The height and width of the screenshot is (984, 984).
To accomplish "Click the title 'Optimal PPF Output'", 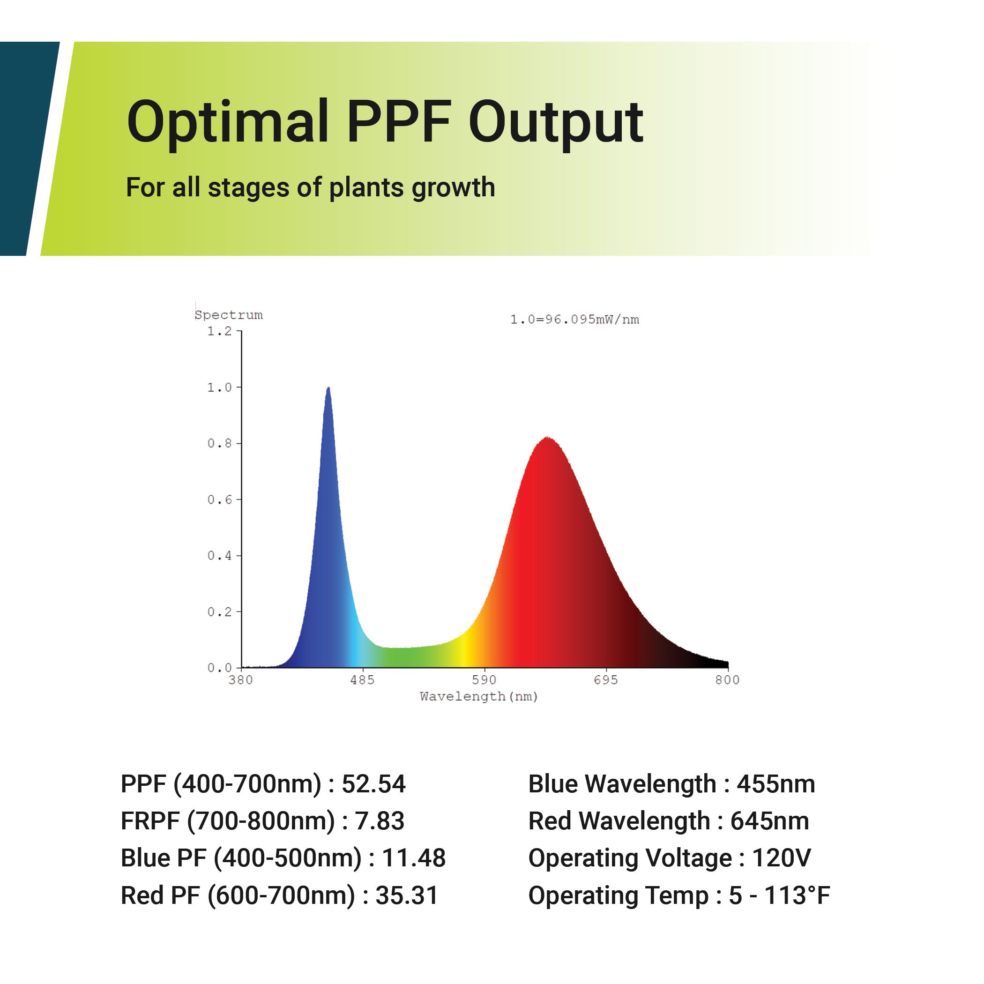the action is tap(385, 123).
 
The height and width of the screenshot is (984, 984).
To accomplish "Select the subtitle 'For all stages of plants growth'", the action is tap(310, 187).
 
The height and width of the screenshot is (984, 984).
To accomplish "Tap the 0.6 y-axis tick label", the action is tap(219, 499).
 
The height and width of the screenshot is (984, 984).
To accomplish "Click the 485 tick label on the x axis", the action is tap(362, 680).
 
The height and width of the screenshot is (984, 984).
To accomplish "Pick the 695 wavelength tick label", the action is tap(605, 680).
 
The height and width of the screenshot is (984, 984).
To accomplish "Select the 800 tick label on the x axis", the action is tap(727, 680).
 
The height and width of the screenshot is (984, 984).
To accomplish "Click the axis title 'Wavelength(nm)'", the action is tap(479, 697).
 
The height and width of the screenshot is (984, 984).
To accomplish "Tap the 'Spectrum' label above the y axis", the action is tap(229, 315).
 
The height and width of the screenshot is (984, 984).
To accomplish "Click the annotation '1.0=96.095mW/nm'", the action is tap(574, 320).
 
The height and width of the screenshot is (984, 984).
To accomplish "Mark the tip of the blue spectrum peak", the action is tap(328, 387).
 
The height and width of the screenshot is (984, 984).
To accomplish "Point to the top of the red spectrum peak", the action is tap(547, 437).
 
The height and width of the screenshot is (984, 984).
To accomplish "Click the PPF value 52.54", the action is tap(373, 784).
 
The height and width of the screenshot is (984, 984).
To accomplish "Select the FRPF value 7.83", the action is tap(380, 821).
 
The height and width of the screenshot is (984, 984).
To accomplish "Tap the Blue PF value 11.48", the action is tap(414, 858).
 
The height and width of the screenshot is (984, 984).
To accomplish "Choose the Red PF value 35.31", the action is tap(406, 895).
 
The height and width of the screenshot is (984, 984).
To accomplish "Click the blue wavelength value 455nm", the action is tap(775, 784).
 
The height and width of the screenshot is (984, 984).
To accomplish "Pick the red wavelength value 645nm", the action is tap(769, 821).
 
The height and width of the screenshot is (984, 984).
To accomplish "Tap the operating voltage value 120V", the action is tap(781, 858).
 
